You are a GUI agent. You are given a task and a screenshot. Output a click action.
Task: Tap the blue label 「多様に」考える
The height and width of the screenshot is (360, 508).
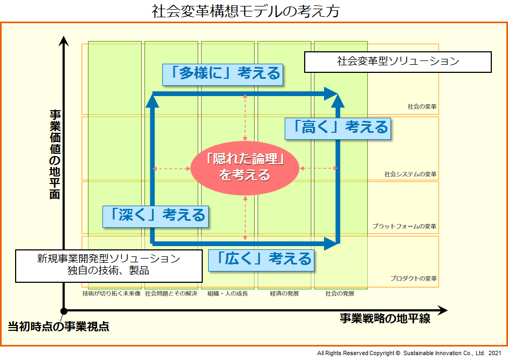pyautogui.click(x=224, y=73)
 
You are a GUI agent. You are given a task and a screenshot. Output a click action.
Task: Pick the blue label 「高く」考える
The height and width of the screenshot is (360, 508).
pyautogui.click(x=337, y=127)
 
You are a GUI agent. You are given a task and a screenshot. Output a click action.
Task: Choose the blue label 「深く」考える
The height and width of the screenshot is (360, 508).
pyautogui.click(x=155, y=215)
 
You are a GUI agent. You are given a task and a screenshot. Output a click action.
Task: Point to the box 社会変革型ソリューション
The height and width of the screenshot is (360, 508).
pyautogui.click(x=397, y=62)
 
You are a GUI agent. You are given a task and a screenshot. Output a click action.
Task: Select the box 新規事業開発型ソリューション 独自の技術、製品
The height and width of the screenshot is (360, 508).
pyautogui.click(x=108, y=265)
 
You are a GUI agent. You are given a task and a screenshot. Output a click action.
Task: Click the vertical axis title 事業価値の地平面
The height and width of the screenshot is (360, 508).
pyautogui.click(x=54, y=154)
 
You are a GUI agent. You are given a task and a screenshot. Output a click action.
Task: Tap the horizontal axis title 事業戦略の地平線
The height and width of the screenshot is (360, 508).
pyautogui.click(x=385, y=318)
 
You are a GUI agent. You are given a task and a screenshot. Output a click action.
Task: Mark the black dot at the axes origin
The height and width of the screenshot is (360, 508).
pyautogui.click(x=64, y=311)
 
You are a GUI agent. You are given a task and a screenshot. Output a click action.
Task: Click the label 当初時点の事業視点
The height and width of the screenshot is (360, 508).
pyautogui.click(x=58, y=327)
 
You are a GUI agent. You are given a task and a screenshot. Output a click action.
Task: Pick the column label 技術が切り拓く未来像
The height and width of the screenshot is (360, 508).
pyautogui.click(x=112, y=294)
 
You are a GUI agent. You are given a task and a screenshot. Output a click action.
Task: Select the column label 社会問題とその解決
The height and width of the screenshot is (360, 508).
pyautogui.click(x=171, y=294)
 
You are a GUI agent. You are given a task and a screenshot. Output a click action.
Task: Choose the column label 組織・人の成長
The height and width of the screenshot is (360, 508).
pyautogui.click(x=228, y=294)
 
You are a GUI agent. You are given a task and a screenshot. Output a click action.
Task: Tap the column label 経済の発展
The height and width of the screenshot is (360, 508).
pyautogui.click(x=284, y=294)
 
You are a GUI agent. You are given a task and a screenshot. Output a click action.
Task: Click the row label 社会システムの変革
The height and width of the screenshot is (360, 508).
pyautogui.click(x=410, y=175)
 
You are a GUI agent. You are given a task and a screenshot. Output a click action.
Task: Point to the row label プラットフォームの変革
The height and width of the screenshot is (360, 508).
pyautogui.click(x=404, y=226)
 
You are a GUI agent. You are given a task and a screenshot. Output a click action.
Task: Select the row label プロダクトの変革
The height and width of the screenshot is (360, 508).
pyautogui.click(x=413, y=279)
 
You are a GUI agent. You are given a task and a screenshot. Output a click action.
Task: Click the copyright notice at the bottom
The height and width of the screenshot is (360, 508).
pyautogui.click(x=409, y=353)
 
